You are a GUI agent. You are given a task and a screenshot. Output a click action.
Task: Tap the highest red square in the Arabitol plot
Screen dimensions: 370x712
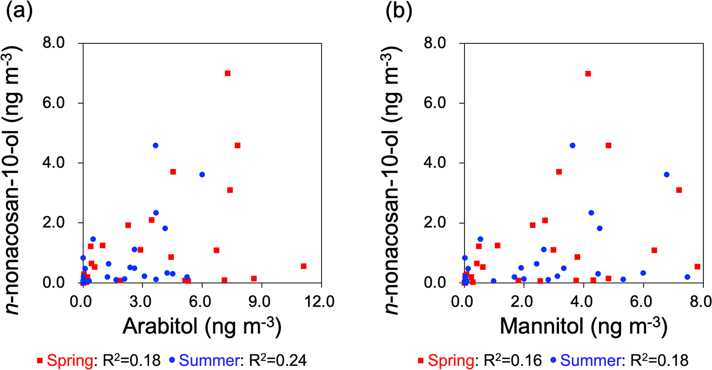(227, 73)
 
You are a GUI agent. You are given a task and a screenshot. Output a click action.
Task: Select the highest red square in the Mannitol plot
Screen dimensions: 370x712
(588, 73)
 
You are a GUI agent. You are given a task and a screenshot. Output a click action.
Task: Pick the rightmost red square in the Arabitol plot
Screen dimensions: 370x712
(303, 266)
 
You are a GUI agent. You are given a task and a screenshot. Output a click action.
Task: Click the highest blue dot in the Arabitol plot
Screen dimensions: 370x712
(155, 146)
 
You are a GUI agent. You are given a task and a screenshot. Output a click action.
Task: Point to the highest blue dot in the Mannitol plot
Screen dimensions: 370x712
(572, 146)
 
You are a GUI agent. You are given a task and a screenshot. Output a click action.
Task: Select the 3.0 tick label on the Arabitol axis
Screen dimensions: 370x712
(140, 302)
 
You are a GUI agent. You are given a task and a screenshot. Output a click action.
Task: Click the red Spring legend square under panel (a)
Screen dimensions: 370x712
(40, 361)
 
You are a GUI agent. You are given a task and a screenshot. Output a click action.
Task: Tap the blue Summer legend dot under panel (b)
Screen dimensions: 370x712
(554, 361)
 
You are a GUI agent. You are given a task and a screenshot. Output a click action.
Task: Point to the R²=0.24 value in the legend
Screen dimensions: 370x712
(278, 360)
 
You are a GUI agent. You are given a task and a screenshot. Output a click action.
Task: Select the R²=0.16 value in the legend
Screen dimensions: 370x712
(513, 360)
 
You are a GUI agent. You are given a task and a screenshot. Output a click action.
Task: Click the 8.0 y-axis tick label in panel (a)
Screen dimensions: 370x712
(54, 43)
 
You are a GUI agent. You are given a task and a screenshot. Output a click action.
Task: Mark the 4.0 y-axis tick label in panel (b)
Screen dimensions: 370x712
(435, 163)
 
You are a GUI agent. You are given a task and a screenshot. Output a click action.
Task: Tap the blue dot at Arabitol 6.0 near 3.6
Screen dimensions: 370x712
(202, 174)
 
